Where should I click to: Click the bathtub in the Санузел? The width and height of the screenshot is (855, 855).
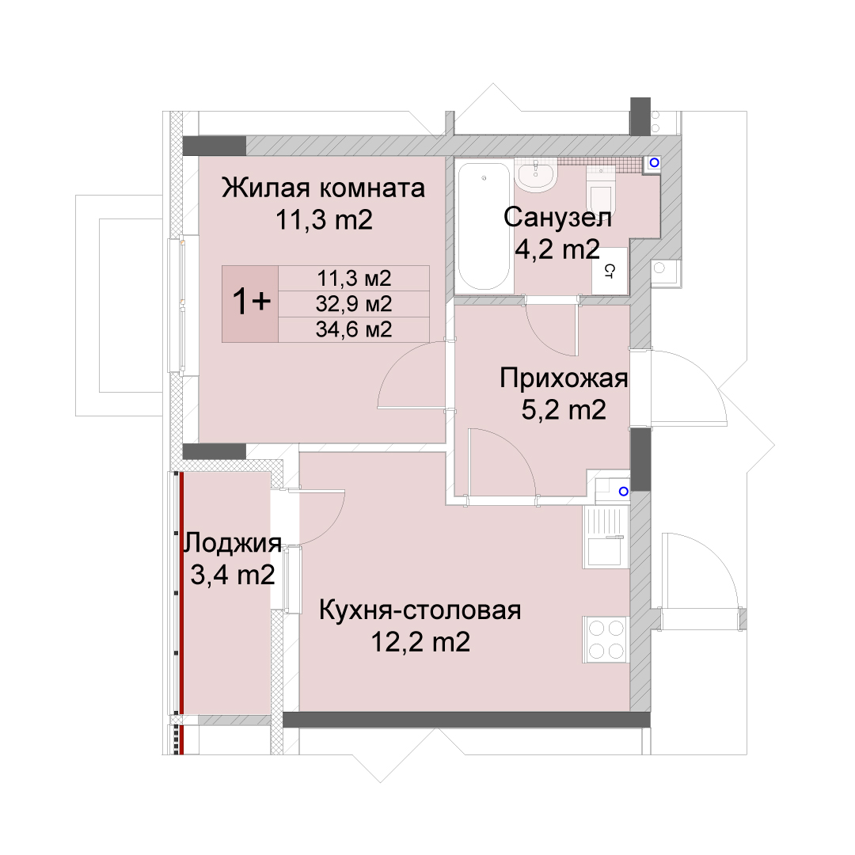[x=484, y=226]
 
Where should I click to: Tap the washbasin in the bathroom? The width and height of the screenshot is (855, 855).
[x=535, y=176]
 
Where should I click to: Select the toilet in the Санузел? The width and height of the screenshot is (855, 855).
[x=601, y=191]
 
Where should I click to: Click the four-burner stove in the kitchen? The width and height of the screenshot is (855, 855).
[x=606, y=640]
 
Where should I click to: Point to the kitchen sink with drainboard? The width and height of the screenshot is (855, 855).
[x=606, y=537]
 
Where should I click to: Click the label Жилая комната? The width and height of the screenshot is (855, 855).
[x=323, y=188]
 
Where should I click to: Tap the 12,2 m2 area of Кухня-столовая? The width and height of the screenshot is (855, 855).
[x=420, y=642]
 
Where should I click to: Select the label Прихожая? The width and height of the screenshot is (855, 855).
[x=564, y=378]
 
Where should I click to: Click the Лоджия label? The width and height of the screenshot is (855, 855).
[x=232, y=543]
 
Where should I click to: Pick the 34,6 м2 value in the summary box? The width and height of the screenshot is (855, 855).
[x=354, y=329]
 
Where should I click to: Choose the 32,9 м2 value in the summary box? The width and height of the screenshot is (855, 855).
[x=354, y=304]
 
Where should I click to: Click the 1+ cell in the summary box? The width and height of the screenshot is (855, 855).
[x=250, y=304]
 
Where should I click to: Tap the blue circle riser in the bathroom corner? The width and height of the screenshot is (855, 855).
[x=655, y=162]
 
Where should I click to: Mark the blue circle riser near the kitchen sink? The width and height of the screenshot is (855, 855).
[x=624, y=492]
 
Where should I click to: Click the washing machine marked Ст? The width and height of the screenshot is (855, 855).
[x=610, y=271]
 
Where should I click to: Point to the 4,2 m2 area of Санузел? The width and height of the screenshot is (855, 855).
[x=557, y=249]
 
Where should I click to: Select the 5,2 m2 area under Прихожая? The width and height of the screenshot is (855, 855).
[x=564, y=409]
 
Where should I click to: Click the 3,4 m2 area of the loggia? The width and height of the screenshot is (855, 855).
[x=232, y=575]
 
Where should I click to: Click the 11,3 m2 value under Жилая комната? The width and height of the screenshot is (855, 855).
[x=324, y=220]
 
